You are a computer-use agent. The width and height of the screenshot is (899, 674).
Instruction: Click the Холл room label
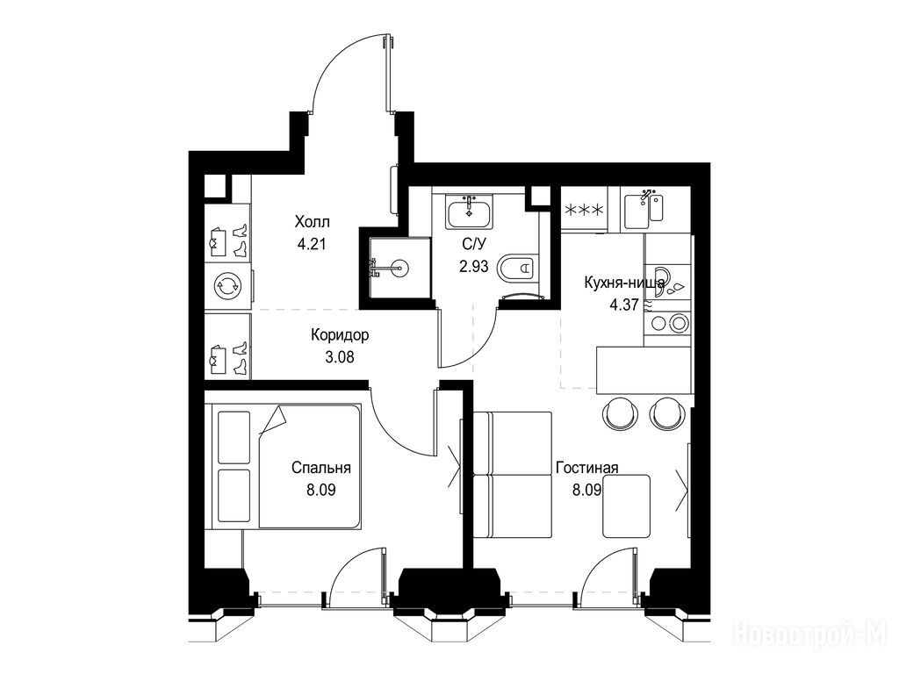coord(312,221)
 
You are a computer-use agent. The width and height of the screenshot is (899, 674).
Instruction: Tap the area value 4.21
coord(312,244)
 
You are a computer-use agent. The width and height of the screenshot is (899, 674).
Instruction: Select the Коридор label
coord(340,334)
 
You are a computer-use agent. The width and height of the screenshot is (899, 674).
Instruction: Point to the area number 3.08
coord(340,357)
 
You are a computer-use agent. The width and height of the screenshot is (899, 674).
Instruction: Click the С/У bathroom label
coord(474,244)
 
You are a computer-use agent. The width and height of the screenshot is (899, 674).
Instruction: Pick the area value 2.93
coord(473,266)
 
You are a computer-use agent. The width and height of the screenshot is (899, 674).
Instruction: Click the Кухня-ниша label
coord(624,283)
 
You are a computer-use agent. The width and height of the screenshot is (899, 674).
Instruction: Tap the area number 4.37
coord(624,305)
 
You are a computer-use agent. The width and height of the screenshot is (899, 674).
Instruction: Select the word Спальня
coord(321,468)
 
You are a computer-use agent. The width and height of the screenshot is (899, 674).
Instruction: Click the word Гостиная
coord(587,468)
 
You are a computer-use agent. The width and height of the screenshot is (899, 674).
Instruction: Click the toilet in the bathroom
coord(518,268)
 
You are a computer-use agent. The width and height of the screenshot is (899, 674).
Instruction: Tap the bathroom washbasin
coord(469,212)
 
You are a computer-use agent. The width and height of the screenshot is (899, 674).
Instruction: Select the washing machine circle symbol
coord(227,286)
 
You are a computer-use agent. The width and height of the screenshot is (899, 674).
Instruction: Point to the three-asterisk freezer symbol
coord(583,211)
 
